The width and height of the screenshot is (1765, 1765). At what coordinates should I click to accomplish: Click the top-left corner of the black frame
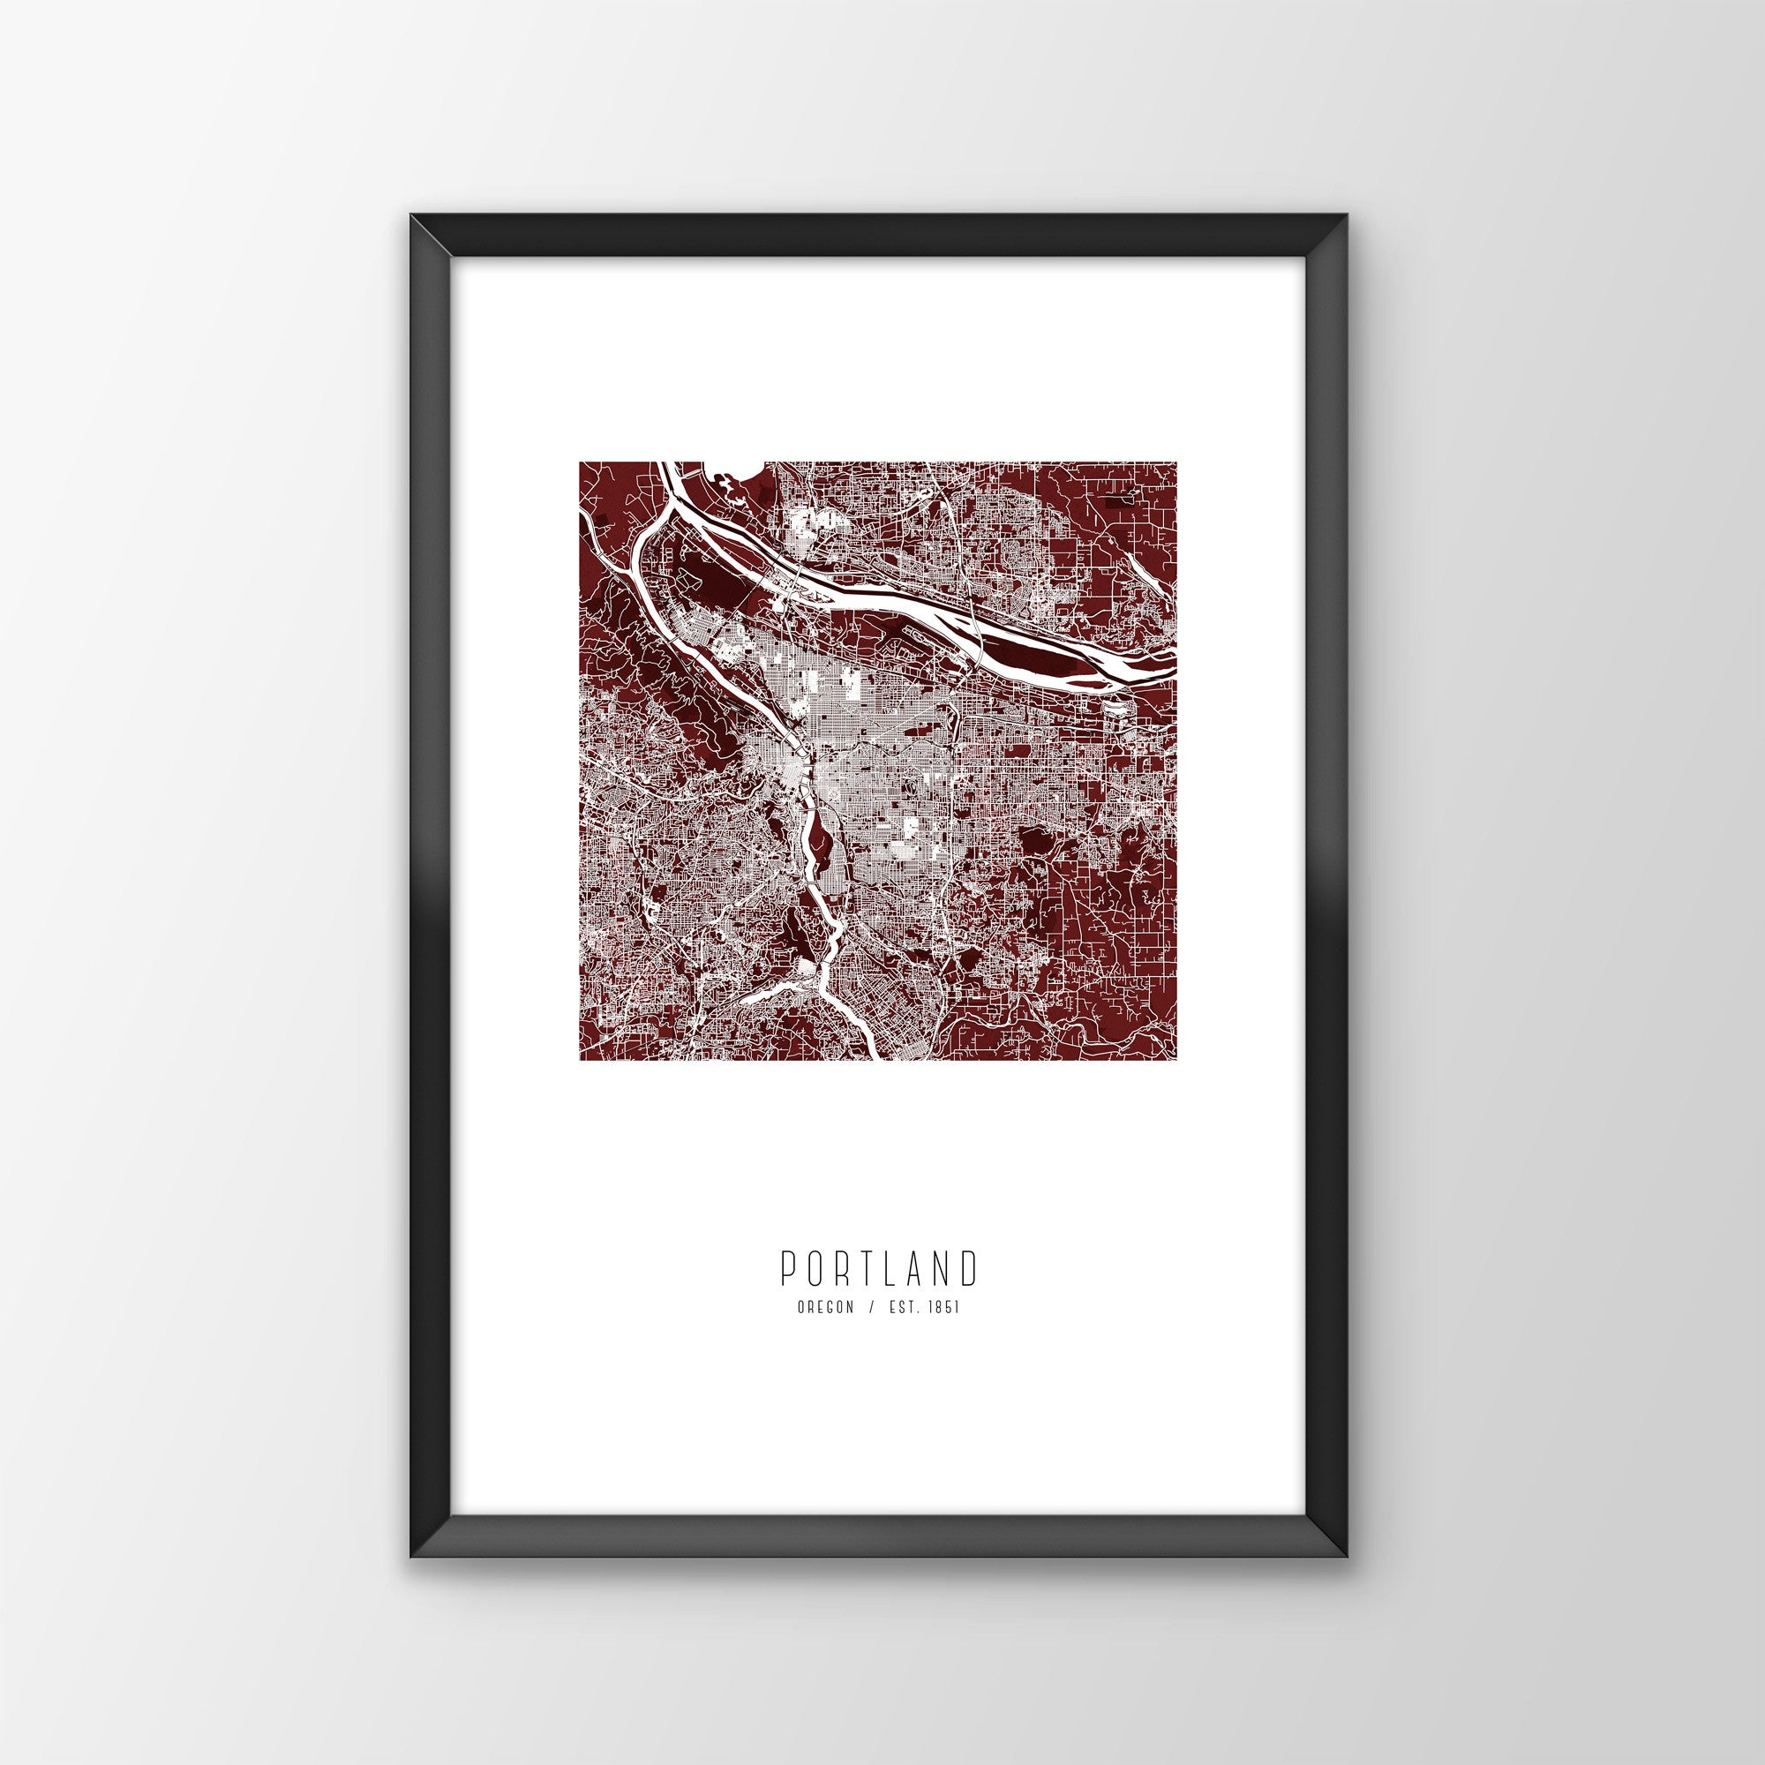411,240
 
